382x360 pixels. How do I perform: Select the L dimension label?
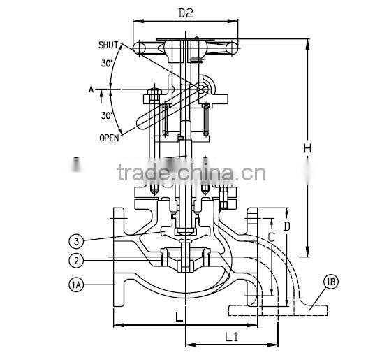[179, 317]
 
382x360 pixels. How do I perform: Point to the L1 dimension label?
[233, 337]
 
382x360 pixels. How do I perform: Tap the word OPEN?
[108, 138]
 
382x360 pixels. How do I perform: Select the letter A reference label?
[91, 89]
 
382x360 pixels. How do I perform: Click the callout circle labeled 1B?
[331, 282]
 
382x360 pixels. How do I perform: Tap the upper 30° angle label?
[108, 62]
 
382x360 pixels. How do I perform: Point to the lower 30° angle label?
[108, 115]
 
